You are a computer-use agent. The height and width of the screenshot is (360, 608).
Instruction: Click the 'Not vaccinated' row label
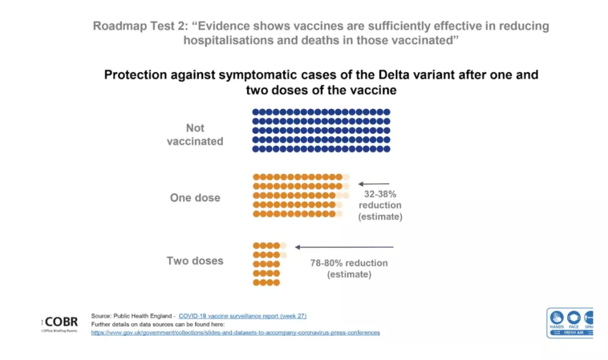(195, 135)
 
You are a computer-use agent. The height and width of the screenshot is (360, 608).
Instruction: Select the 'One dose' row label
(195, 198)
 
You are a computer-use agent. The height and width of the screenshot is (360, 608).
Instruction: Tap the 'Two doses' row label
(195, 261)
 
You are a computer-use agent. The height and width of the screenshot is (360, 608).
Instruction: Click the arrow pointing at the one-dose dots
(374, 184)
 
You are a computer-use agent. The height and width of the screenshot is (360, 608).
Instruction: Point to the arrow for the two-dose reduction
(344, 247)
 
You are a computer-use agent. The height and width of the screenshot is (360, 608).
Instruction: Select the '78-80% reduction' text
(349, 263)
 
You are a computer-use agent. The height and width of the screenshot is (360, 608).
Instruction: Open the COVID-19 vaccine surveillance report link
(243, 316)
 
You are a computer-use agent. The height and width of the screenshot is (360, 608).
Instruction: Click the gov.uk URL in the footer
(235, 332)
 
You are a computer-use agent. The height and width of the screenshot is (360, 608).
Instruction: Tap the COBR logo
(61, 322)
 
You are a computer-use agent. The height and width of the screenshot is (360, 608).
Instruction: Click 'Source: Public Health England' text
(133, 316)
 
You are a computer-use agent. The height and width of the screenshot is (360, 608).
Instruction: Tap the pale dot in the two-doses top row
(283, 246)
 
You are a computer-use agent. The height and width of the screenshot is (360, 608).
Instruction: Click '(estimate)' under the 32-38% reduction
(380, 216)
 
